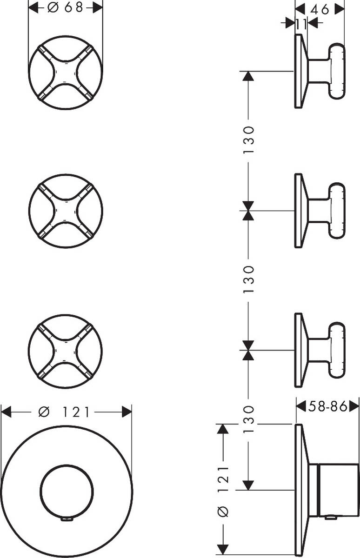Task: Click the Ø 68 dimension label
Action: (66, 7)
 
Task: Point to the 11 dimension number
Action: (301, 24)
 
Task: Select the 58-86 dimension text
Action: (328, 406)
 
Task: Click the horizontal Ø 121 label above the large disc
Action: (66, 412)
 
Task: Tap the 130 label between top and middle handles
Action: (249, 140)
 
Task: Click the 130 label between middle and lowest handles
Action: (249, 279)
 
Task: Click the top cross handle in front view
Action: (66, 73)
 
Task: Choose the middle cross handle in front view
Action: (66, 211)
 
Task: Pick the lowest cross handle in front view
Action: (66, 351)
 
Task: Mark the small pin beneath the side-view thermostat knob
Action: (331, 517)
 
